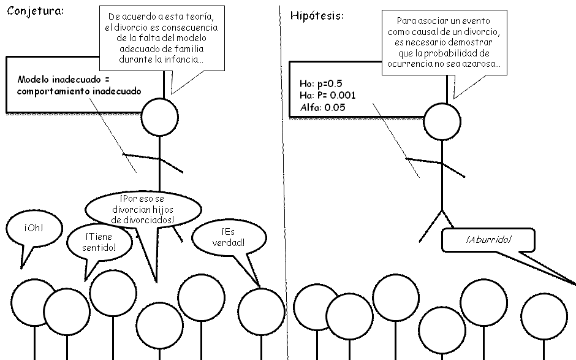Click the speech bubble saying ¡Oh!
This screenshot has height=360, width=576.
(34, 229)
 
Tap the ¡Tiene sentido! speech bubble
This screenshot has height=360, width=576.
(99, 242)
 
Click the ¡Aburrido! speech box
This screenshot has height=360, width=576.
(488, 240)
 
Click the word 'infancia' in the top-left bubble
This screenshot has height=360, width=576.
(181, 59)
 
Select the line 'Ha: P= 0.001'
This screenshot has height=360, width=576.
(325, 95)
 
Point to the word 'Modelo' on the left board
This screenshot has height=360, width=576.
(34, 80)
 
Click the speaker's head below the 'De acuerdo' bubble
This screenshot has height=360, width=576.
(159, 116)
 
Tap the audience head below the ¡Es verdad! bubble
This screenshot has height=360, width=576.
(261, 311)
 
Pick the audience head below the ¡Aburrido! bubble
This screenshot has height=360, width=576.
(544, 316)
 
